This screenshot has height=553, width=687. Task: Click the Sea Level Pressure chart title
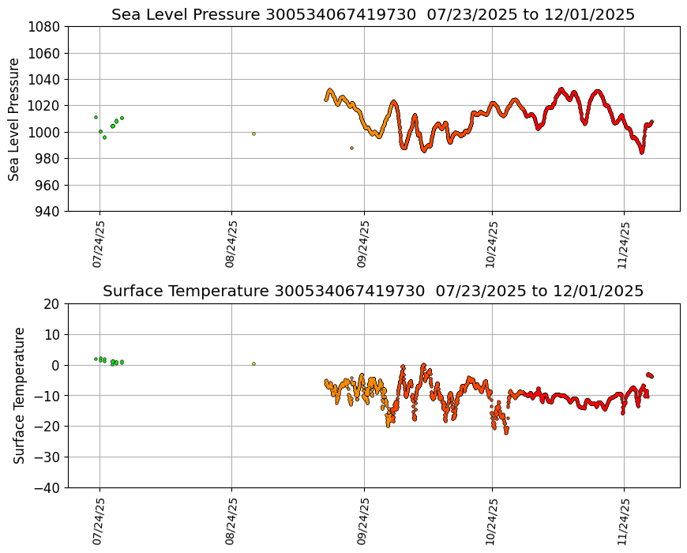373,14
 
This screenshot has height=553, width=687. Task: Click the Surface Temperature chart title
373,291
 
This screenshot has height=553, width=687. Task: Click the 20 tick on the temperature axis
53,303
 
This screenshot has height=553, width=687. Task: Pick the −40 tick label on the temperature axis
49,487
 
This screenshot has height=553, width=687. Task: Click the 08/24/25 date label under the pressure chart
231,244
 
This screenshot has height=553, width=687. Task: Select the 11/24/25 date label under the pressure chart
624,244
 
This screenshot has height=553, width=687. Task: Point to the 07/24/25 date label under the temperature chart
99,521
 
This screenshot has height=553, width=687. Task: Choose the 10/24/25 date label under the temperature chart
492,521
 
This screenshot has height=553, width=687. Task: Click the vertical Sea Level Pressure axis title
14,118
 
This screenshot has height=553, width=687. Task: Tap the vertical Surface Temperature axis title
19,395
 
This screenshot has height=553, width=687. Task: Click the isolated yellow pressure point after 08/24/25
253,134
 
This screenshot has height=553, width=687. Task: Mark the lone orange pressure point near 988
351,148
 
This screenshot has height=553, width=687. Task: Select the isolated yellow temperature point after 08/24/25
253,363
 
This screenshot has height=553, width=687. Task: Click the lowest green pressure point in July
104,137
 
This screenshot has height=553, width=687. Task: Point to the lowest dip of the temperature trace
506,432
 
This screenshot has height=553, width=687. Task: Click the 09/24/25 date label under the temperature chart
364,521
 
